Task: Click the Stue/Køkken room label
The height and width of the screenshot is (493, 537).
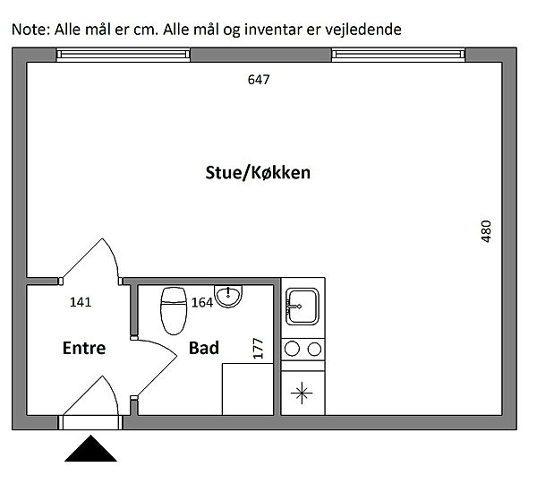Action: (258, 173)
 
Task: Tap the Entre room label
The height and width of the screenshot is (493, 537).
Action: (84, 348)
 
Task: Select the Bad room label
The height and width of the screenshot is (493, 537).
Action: (204, 348)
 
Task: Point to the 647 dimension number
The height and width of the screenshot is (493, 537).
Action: (259, 80)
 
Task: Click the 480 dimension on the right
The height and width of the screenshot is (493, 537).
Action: (486, 231)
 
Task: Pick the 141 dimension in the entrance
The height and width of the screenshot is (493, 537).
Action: (81, 302)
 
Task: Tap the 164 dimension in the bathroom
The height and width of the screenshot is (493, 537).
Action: (202, 303)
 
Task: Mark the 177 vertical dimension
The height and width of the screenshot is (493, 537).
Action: (258, 349)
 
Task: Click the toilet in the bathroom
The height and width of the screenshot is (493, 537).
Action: (174, 311)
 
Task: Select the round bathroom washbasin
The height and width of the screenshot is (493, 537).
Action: (228, 296)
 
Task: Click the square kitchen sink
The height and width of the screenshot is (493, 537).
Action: (303, 307)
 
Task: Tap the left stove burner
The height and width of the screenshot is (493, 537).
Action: (292, 350)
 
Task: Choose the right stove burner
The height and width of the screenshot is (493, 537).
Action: (314, 350)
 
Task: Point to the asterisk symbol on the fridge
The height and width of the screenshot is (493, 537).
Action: (302, 393)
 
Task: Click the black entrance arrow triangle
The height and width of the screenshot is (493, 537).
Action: (90, 448)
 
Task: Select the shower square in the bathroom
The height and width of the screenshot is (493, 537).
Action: (248, 389)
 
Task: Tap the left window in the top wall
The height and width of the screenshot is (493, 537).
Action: (123, 55)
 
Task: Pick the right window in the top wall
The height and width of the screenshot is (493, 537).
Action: (398, 55)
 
